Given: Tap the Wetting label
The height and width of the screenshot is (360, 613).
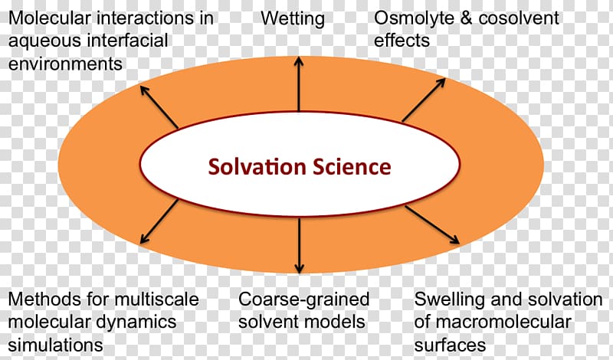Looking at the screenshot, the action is click(x=293, y=18).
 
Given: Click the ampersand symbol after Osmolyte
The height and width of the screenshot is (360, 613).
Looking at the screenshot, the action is click(x=466, y=18).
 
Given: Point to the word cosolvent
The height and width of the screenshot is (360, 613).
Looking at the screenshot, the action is click(x=519, y=18).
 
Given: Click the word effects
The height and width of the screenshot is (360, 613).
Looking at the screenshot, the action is click(x=402, y=41).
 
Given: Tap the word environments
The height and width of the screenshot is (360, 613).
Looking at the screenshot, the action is click(x=65, y=64).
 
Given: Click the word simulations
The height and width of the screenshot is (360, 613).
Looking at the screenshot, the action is click(x=55, y=345).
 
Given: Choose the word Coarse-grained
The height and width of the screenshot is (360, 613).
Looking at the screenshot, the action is click(x=303, y=299).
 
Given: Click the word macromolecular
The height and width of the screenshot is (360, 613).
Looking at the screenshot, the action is click(x=503, y=322).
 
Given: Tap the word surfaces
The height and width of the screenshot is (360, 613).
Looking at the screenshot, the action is click(x=450, y=345).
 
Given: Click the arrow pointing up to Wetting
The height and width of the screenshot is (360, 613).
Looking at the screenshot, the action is click(x=299, y=84).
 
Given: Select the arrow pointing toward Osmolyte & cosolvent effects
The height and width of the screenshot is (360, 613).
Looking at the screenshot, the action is click(x=424, y=100).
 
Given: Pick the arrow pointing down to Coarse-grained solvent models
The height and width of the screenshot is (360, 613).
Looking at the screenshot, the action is click(x=299, y=245).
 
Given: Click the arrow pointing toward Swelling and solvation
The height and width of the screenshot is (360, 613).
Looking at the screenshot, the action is click(x=432, y=225).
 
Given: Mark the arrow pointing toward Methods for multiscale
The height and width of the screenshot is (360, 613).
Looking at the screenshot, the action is click(x=159, y=221).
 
